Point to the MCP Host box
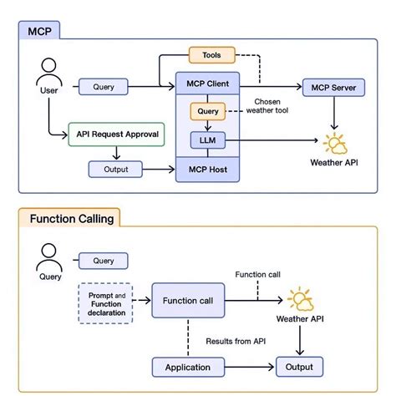tap(207, 170)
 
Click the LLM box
tap(206, 140)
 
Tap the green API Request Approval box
tap(117, 134)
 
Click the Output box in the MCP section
tap(117, 169)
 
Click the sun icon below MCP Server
tap(336, 144)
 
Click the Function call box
tap(189, 300)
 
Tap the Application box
tap(188, 366)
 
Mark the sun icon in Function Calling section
tap(298, 298)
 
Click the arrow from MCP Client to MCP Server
tap(271, 85)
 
